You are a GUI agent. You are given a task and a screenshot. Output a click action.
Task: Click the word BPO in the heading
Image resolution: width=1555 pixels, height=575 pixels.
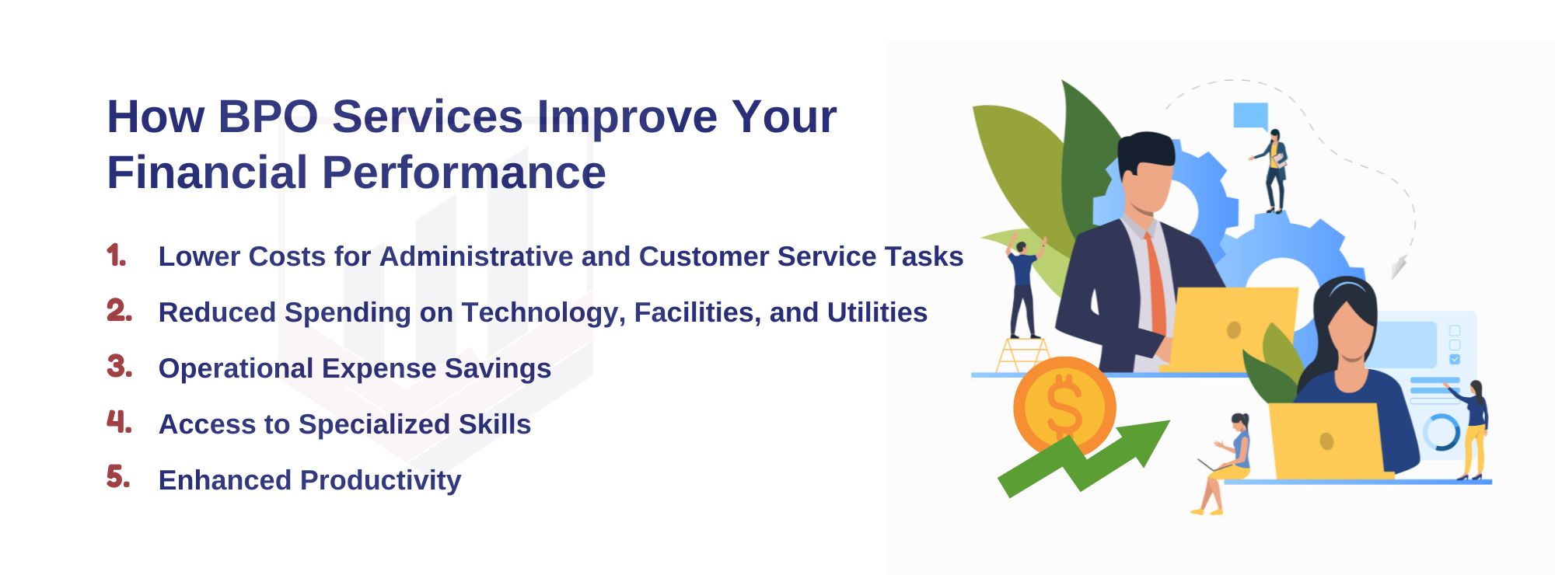[x=267, y=117]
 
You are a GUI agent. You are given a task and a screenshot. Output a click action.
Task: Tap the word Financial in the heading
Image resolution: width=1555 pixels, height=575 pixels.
[x=208, y=172]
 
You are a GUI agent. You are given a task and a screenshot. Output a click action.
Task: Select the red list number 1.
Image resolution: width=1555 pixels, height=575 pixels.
[x=117, y=256]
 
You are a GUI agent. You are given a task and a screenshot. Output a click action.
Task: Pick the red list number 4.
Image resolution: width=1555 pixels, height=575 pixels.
[x=119, y=422]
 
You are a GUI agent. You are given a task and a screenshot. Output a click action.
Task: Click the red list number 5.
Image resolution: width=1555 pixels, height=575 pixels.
[x=118, y=477]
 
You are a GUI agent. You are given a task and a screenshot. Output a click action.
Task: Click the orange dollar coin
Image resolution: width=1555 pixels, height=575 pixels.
[x=1064, y=406]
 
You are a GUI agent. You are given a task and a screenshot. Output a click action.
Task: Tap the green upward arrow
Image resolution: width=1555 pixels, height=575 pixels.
[x=1084, y=458]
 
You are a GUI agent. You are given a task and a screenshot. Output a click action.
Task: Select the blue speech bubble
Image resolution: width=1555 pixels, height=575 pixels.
[x=1250, y=117]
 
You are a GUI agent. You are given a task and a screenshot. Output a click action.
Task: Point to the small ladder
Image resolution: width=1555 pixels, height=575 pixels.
[x=1023, y=355]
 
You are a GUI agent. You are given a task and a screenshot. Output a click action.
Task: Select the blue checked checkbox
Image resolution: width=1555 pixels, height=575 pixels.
[x=1455, y=359]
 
